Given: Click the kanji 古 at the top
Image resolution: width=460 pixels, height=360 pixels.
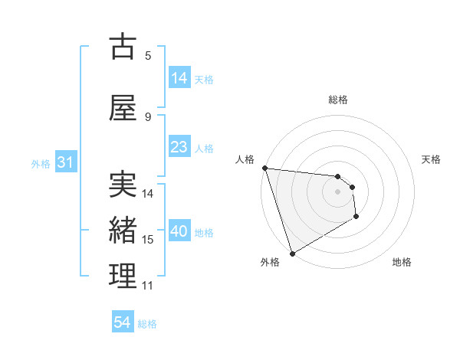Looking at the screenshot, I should (x=123, y=47).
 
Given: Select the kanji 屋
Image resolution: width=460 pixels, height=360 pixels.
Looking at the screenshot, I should (x=123, y=108).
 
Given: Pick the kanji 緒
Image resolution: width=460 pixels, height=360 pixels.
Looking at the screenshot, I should (x=123, y=231).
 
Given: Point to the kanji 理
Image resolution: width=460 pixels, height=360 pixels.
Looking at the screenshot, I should (x=123, y=277).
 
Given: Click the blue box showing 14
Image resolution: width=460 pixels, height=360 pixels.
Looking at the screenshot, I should (x=179, y=78).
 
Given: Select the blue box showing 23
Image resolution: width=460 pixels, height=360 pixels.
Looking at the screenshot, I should (x=179, y=147).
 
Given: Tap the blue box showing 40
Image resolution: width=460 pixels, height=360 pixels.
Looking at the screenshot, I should (x=179, y=231).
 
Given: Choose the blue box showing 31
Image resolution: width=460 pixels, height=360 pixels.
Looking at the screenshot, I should (x=64, y=162).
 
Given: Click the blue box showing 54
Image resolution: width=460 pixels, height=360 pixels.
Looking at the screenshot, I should (x=122, y=323).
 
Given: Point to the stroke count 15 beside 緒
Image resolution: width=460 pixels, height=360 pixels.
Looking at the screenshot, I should (x=148, y=240).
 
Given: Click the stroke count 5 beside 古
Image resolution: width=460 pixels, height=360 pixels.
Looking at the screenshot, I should (x=148, y=56).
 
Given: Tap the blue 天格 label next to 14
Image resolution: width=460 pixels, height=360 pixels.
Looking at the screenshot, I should (x=204, y=79).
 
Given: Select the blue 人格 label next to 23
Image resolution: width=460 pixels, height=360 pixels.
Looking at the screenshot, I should (x=204, y=148).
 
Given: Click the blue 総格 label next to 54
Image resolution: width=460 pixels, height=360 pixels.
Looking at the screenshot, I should (x=147, y=324).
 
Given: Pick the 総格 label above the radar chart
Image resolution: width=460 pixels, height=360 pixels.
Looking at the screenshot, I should (x=338, y=100).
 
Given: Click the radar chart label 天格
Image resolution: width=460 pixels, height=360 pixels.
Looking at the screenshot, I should (x=432, y=159).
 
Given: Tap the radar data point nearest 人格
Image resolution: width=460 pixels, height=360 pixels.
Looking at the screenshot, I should (x=264, y=168).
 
